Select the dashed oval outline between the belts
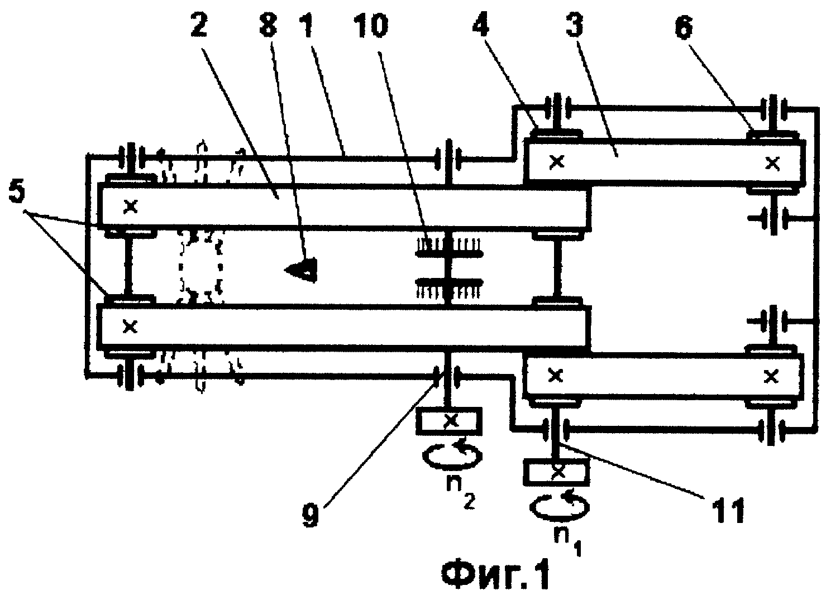200,266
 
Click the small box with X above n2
449,421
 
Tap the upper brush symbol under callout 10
449,248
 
